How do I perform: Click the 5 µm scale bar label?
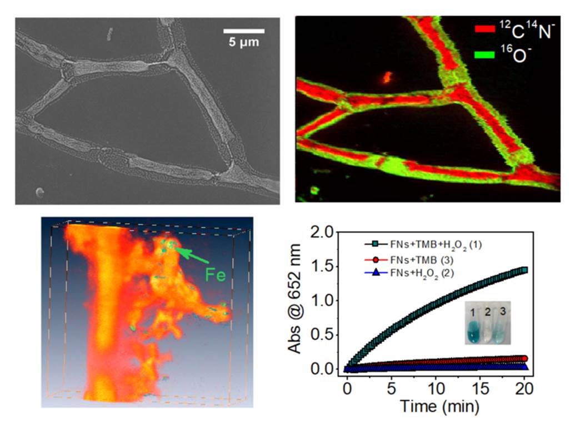(x=244, y=42)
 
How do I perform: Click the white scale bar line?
(x=244, y=30)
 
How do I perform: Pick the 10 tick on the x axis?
(x=436, y=386)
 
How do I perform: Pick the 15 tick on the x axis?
(x=481, y=386)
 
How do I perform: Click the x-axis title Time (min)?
(x=439, y=406)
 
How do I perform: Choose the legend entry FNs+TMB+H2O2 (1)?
(x=428, y=244)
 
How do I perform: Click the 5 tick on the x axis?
(x=392, y=386)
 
